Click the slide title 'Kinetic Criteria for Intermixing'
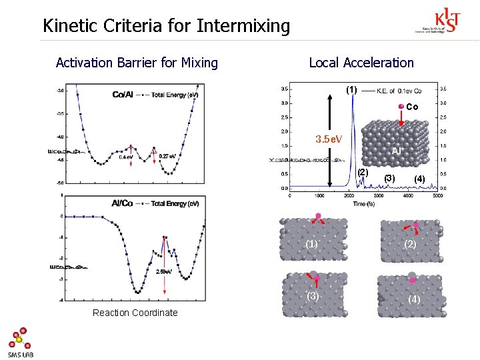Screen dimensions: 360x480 166,26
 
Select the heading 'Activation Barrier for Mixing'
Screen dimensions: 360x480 137,63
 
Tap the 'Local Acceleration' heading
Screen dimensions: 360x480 361,63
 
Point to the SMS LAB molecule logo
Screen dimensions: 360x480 19,340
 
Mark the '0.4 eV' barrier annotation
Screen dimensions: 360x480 126,157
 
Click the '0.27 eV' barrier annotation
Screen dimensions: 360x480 167,156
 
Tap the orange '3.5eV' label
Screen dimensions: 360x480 329,139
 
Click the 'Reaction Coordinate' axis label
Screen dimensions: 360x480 135,313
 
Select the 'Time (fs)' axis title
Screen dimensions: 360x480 363,203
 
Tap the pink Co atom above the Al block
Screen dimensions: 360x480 401,107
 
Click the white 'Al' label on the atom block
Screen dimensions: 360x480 395,151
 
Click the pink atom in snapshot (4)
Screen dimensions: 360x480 412,281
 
